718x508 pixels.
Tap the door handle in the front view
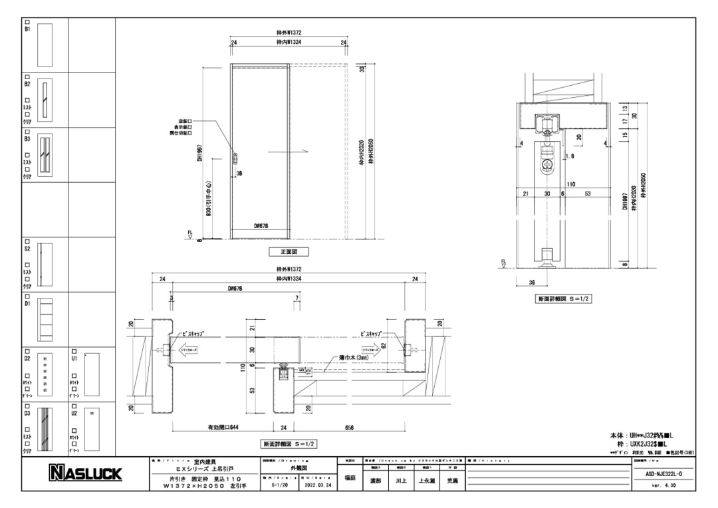pyautogui.click(x=235, y=158)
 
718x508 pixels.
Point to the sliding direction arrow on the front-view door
pyautogui.click(x=289, y=152)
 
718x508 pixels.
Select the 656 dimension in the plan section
pyautogui.click(x=349, y=427)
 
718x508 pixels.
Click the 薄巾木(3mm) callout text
pyautogui.click(x=349, y=357)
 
